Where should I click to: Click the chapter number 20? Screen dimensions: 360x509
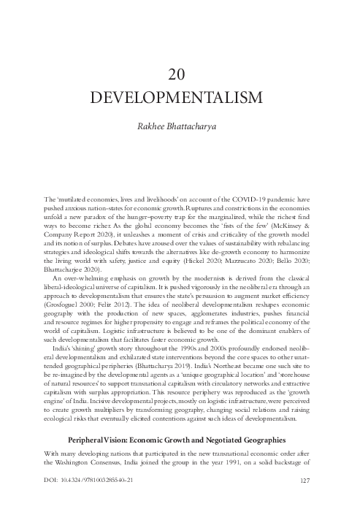click(180, 74)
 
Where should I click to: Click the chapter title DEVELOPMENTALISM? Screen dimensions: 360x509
click(180, 97)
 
